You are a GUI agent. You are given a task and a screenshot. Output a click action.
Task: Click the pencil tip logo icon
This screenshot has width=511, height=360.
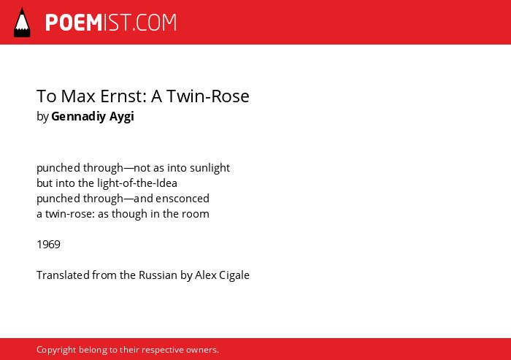22,22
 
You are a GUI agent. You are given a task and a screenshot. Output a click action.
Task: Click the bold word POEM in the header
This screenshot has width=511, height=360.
74,23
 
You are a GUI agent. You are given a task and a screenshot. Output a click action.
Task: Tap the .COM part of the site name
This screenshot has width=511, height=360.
155,23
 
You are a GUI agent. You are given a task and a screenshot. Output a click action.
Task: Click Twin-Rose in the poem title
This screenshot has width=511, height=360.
208,96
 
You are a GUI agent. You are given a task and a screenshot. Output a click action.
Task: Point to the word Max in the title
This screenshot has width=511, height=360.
78,96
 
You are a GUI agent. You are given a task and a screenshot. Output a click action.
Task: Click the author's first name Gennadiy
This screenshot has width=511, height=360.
78,117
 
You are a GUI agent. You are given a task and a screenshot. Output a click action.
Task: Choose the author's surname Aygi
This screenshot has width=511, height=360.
122,117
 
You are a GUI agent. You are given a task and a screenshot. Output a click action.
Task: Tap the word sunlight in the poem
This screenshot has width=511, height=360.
210,168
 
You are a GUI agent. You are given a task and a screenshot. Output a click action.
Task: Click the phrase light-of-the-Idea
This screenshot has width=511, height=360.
137,183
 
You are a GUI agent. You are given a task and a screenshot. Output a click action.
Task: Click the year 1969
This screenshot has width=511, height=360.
49,245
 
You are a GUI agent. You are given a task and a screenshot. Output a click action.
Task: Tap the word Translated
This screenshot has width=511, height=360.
63,275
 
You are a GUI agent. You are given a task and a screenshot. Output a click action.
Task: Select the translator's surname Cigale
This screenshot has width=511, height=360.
234,275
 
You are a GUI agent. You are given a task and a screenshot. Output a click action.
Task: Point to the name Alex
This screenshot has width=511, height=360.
205,275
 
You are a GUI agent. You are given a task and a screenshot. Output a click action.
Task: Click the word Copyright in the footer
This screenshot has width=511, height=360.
56,350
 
